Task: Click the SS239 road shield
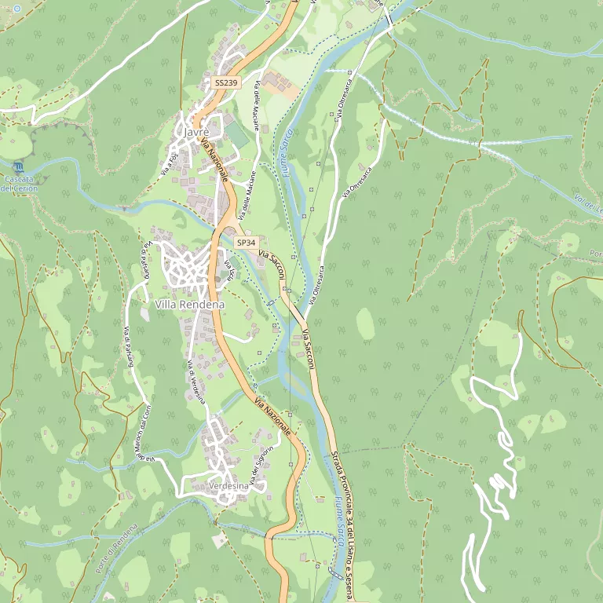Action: (x=225, y=82)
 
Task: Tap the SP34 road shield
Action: (x=246, y=243)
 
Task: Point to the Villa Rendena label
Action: (x=190, y=305)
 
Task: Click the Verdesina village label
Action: (x=229, y=487)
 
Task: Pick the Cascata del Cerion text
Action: (x=19, y=184)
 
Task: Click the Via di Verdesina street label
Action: (x=197, y=382)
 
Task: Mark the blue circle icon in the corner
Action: (x=17, y=9)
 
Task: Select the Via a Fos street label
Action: (x=170, y=163)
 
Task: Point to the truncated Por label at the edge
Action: (x=596, y=254)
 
